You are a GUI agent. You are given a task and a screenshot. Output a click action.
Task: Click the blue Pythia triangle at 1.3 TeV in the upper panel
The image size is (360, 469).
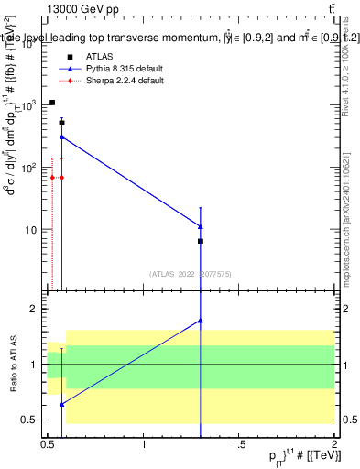coord(201,226)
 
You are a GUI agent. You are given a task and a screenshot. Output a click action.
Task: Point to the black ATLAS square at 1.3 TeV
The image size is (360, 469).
coord(201,241)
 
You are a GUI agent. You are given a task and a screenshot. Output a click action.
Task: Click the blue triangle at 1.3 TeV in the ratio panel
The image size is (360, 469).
coord(201,321)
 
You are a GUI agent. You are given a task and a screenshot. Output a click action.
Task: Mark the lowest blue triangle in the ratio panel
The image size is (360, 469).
coord(61,404)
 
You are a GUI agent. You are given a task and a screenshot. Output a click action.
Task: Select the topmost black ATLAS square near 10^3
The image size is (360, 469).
coord(52,103)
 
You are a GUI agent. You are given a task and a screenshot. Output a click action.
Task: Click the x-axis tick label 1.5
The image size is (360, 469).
coord(239,445)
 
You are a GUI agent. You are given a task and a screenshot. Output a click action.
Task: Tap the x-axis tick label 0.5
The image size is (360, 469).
coord(48,445)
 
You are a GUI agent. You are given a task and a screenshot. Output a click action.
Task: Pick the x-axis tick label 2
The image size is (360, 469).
coord(334,445)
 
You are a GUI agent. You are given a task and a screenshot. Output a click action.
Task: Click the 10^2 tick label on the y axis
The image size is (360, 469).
coord(30,168)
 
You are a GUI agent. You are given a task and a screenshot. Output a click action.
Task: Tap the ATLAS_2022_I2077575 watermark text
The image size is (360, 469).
coord(191,274)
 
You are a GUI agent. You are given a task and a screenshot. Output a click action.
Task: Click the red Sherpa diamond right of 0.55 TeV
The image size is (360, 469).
coord(61,177)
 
